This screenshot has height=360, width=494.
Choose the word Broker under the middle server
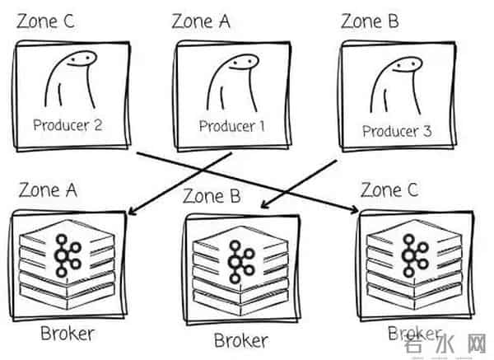[x=240, y=339]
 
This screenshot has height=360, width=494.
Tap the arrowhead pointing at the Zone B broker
[x=264, y=205]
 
